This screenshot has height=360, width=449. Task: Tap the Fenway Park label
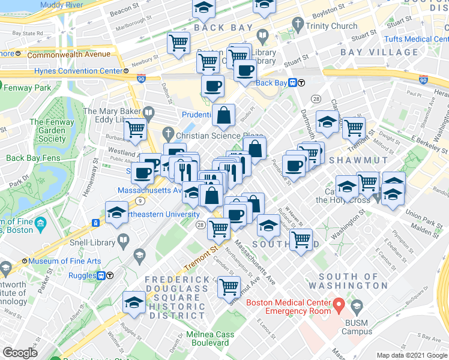point(27,88)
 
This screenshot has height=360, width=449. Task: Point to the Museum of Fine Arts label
point(65,261)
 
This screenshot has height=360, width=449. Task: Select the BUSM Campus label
point(357,331)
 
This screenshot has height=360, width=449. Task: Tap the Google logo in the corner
point(20,353)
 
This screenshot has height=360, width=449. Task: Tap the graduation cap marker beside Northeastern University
point(116,212)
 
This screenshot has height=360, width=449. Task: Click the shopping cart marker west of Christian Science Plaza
point(136,129)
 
